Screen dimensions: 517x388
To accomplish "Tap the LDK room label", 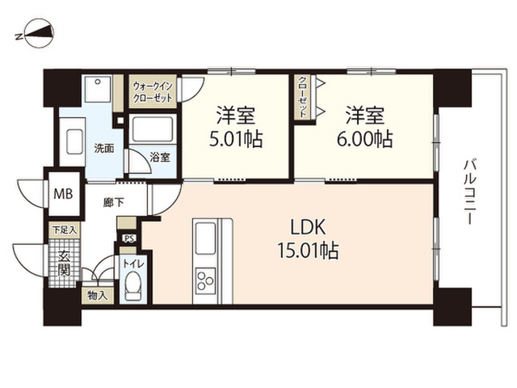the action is [308, 227].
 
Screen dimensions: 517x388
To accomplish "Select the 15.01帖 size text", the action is [308, 251].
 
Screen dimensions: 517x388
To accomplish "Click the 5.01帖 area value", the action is [236, 139].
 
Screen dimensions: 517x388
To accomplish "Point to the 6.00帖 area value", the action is [364, 139].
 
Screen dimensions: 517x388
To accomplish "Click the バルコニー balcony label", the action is [469, 192].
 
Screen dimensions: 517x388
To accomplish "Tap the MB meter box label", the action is [63, 194].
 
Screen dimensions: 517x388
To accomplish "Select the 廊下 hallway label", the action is [113, 202].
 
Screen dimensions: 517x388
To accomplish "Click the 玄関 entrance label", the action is [64, 264].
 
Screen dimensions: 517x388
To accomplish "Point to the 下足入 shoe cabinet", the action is [65, 230].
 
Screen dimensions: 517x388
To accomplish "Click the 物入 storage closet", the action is [98, 296].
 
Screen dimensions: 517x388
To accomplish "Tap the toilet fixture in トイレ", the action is [133, 285].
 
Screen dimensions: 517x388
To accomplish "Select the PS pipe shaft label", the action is [128, 238].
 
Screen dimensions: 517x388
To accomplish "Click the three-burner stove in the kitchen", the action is [205, 280].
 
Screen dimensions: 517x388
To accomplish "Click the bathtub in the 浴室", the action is [153, 129].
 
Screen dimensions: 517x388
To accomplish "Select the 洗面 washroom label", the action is [104, 149].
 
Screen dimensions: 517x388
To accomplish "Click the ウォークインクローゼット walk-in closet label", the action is [153, 92].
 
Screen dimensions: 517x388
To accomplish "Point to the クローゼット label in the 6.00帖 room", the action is [302, 97].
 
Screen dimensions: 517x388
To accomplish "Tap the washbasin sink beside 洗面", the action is [75, 142].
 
